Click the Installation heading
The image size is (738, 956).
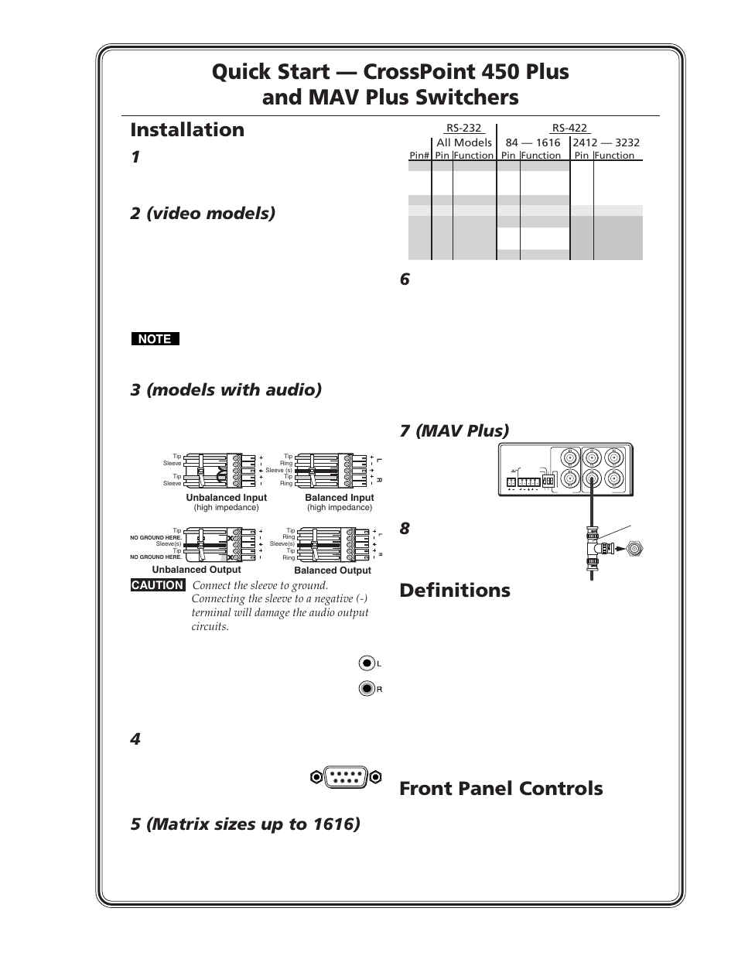pyautogui.click(x=187, y=130)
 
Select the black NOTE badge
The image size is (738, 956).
pyautogui.click(x=155, y=339)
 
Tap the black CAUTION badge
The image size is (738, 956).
pyautogui.click(x=158, y=585)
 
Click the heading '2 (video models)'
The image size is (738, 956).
pyautogui.click(x=203, y=213)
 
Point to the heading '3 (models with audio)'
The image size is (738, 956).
pyautogui.click(x=226, y=389)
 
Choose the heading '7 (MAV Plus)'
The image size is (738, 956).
pyautogui.click(x=454, y=430)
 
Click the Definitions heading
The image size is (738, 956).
pyautogui.click(x=455, y=591)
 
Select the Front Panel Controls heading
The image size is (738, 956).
pyautogui.click(x=501, y=789)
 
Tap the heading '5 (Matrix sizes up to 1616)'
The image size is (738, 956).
pyautogui.click(x=245, y=824)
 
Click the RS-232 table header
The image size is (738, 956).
pyautogui.click(x=463, y=128)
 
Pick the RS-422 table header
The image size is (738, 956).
pyautogui.click(x=569, y=128)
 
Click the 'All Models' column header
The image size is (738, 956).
pyautogui.click(x=464, y=142)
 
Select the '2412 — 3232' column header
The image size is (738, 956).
pyautogui.click(x=606, y=142)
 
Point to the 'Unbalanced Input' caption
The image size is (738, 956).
pyautogui.click(x=227, y=498)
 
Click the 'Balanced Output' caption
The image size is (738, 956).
pyautogui.click(x=333, y=571)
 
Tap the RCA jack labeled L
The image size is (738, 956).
pyautogui.click(x=367, y=663)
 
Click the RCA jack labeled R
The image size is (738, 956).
pyautogui.click(x=367, y=689)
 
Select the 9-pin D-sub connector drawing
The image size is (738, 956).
pyautogui.click(x=346, y=776)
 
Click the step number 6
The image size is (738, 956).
pyautogui.click(x=405, y=280)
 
